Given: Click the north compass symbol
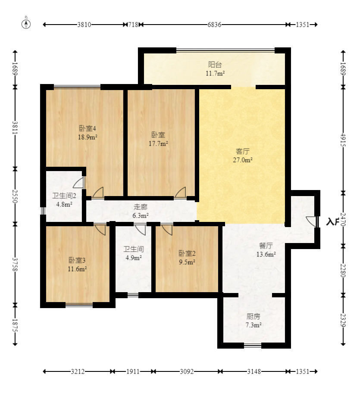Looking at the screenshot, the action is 26,24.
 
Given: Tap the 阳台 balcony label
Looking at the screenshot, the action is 215,65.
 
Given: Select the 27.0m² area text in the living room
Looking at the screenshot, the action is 243,160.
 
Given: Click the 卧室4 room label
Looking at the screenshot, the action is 88,128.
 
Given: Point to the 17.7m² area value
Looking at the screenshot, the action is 158,143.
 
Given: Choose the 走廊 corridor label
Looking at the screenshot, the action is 141,207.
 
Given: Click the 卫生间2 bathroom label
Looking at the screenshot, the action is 64,196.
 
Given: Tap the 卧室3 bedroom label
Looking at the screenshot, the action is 77,260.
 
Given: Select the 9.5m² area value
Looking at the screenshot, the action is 187,262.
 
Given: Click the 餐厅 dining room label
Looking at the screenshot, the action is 266,246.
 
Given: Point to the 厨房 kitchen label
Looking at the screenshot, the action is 253,316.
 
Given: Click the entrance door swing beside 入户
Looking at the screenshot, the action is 311,221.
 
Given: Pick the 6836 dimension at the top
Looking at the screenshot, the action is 214,25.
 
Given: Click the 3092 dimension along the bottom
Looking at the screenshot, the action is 187,371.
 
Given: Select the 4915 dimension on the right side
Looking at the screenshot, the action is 343,140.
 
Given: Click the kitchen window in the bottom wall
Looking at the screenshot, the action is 253,345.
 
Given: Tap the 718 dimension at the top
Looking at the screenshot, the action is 133,25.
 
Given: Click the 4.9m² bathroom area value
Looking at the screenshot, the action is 134,258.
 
